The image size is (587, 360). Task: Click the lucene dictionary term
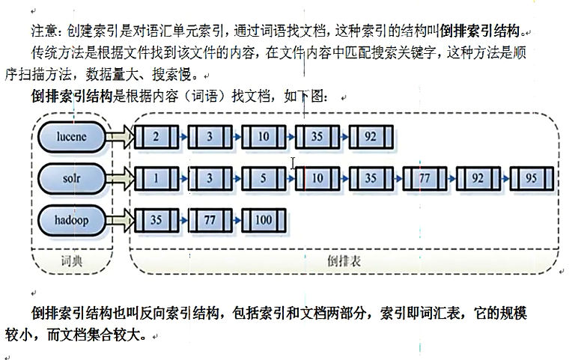[x=71, y=137]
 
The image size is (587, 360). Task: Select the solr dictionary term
[x=72, y=179]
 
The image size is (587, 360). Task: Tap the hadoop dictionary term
[x=71, y=221]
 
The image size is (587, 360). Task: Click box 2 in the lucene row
[x=155, y=137]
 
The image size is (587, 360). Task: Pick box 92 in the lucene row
[x=370, y=137]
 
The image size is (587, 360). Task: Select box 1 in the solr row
[x=155, y=179]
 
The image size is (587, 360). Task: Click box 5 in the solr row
[x=263, y=179]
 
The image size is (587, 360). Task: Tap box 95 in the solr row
[x=532, y=179]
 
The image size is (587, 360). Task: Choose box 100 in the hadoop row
[x=263, y=221]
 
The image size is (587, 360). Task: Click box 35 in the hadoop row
[x=155, y=221]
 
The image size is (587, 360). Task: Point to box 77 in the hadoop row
[x=209, y=221]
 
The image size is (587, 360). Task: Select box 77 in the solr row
[x=424, y=179]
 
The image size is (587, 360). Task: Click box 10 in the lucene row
[x=263, y=137]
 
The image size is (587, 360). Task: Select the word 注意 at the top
[x=43, y=32]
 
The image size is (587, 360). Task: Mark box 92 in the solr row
[x=478, y=179]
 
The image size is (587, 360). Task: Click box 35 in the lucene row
[x=317, y=137]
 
